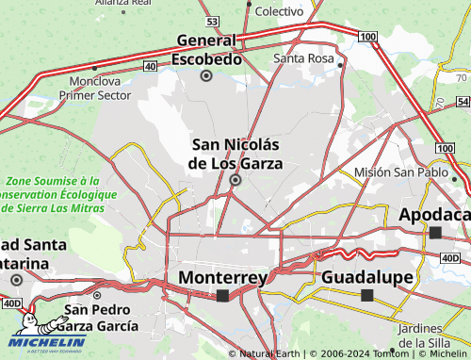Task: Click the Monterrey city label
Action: point(222,277)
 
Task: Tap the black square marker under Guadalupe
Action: point(366,295)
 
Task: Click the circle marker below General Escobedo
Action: point(206,75)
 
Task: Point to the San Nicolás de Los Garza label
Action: point(235,154)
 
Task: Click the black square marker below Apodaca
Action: point(435,232)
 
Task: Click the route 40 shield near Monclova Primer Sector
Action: point(150,66)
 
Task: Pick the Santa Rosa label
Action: point(303,58)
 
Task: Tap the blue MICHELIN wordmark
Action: point(47,341)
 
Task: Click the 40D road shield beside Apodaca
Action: point(449,257)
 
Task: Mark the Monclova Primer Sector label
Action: point(95,89)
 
